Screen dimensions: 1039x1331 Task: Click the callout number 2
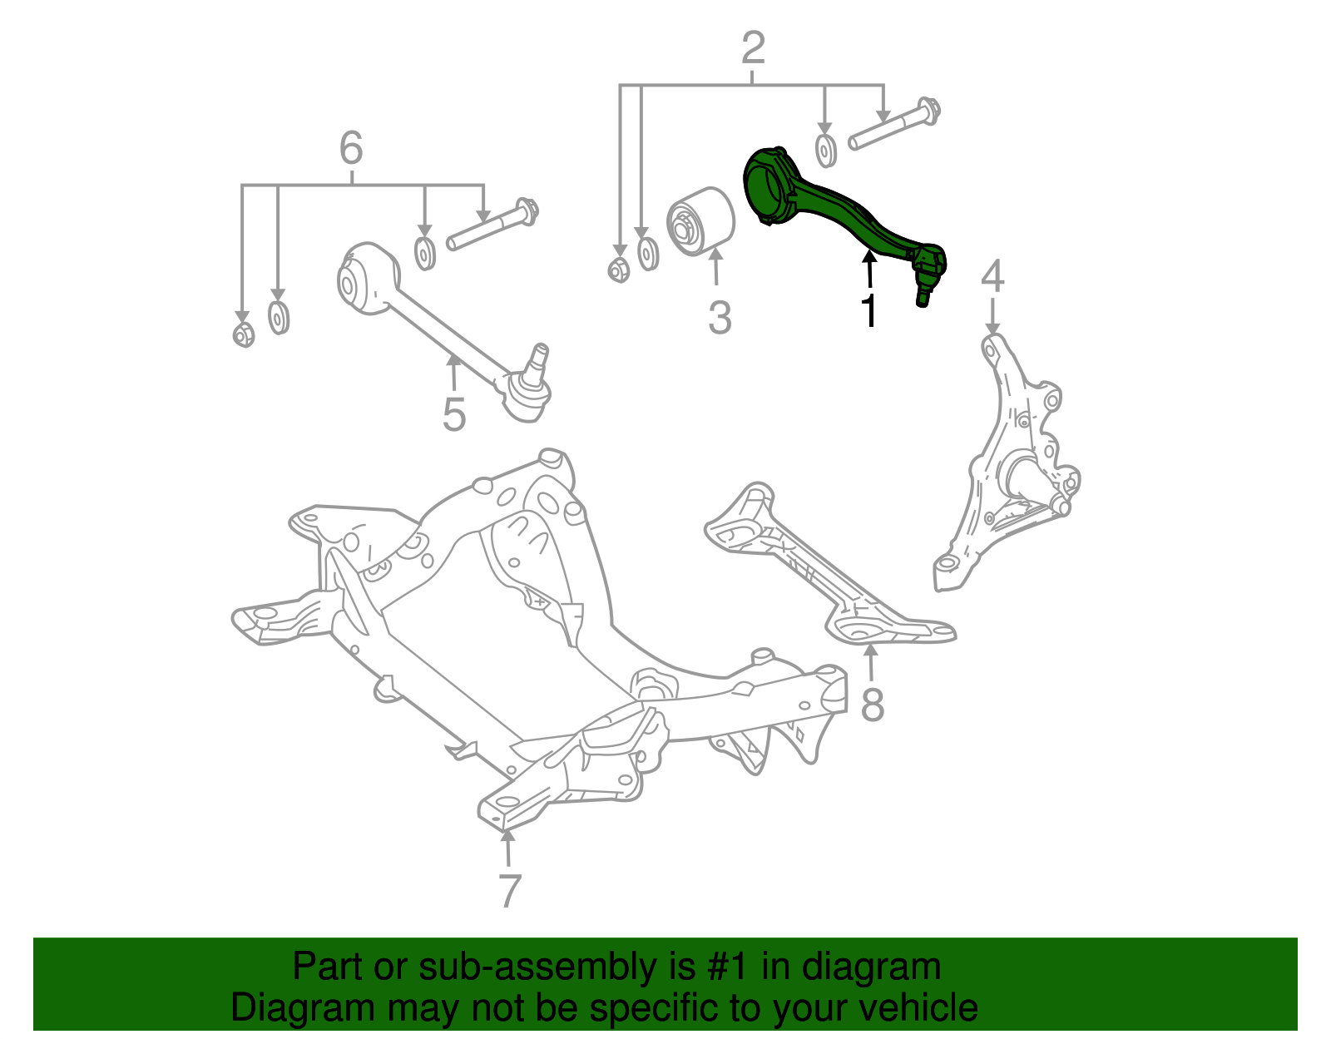(752, 48)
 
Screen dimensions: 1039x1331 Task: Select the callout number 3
(720, 317)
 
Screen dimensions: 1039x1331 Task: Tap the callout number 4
(992, 277)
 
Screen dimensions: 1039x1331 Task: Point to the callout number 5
(453, 413)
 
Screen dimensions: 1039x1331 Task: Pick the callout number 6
(351, 149)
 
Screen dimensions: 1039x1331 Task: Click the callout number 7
(509, 890)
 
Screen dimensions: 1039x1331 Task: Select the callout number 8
(872, 705)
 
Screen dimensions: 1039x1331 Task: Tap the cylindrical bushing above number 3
(700, 222)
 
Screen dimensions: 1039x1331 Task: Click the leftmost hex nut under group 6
(244, 335)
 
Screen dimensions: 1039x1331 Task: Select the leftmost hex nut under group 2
(618, 270)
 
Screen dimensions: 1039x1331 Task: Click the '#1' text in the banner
(730, 967)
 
